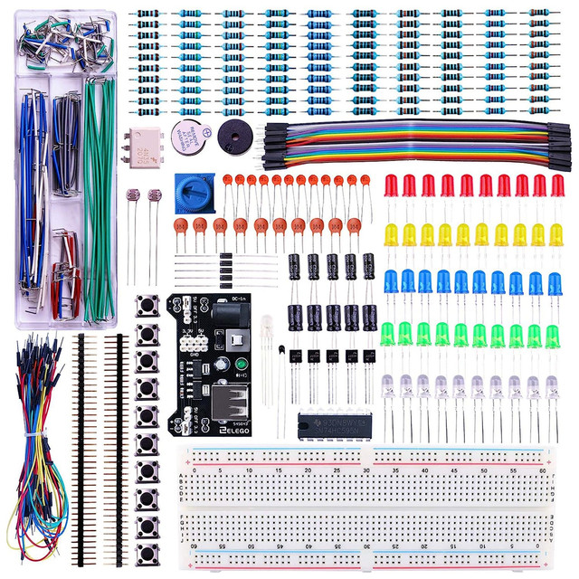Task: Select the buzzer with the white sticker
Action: click(190, 136)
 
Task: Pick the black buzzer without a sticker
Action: click(238, 137)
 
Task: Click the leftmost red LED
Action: click(392, 185)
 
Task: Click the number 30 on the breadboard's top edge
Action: click(365, 470)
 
